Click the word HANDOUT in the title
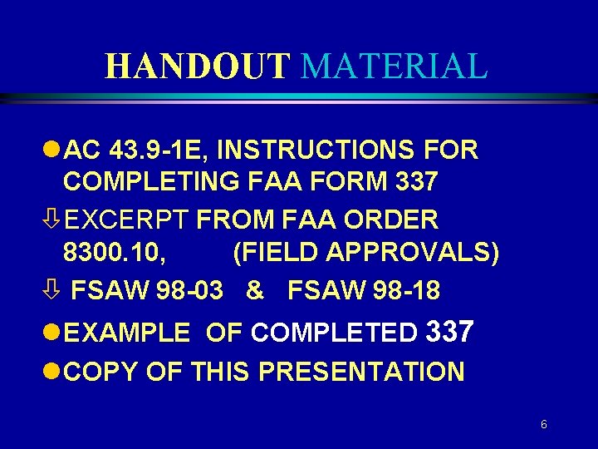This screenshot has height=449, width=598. pos(199,67)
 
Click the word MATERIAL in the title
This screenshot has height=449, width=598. pos(394,67)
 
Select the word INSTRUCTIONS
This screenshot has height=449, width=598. pos(316,150)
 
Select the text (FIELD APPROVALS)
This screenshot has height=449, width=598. pos(366,253)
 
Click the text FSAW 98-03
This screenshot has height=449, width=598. pos(147,291)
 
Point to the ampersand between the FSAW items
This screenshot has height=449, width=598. pos(256,291)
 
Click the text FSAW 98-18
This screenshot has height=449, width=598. pos(364,291)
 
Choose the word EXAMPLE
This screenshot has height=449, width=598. pos(126,333)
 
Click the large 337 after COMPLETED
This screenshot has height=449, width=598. pos(448,332)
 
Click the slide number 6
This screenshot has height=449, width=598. pos(543,424)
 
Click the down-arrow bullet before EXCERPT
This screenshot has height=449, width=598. pos(54,220)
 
